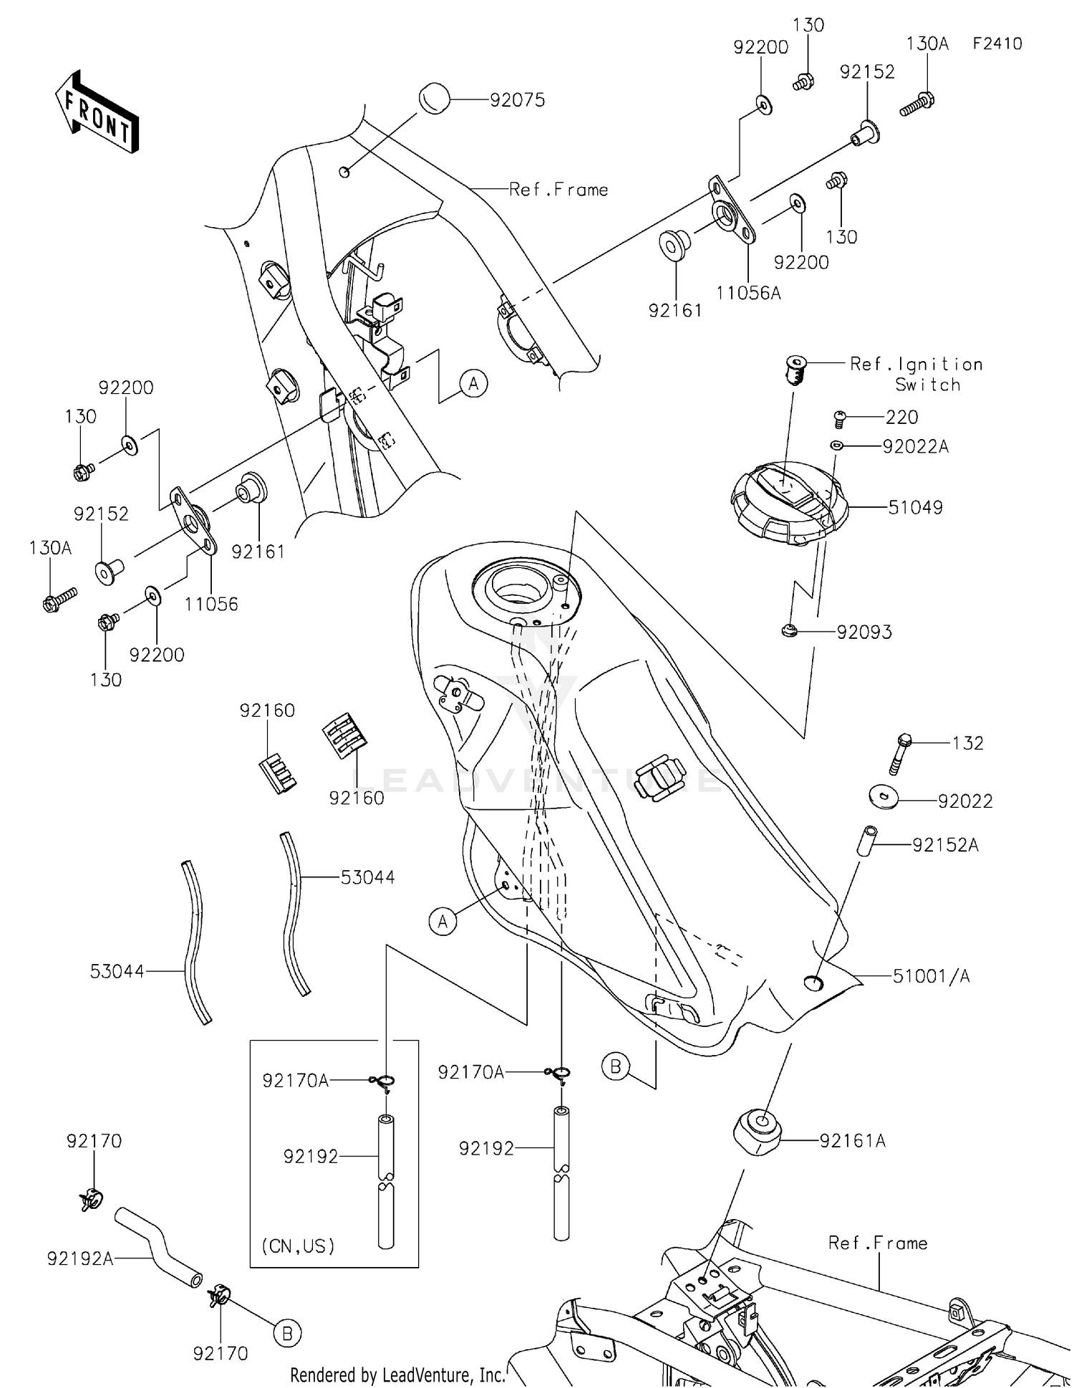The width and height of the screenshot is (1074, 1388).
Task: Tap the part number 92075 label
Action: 517,100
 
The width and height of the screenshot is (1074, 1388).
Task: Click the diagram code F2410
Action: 997,44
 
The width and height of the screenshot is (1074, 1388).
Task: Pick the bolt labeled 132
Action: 899,753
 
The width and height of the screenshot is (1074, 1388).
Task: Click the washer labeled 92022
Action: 885,796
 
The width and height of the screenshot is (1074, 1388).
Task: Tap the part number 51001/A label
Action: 931,976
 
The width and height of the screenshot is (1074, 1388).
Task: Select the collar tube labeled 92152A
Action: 867,839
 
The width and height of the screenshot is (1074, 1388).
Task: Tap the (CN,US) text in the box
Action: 298,1245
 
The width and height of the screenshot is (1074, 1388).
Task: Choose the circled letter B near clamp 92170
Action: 287,1333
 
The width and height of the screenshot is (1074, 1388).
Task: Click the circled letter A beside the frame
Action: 473,384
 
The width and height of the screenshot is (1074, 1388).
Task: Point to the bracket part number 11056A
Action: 748,292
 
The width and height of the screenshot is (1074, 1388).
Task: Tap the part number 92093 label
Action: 864,632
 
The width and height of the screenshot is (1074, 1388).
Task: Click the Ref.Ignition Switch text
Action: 916,374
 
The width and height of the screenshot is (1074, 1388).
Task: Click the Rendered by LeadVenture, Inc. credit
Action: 397,1374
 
